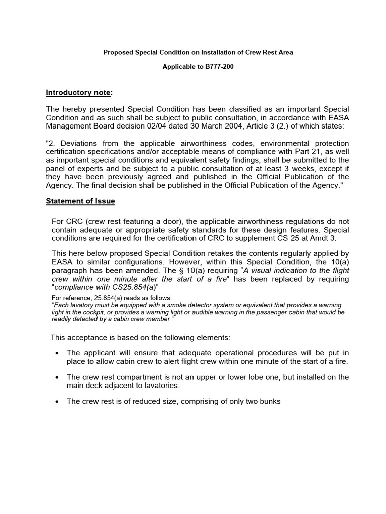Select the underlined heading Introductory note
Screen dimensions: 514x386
click(x=78, y=92)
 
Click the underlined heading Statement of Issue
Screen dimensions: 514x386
click(x=80, y=201)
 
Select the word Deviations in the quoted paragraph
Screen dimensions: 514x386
click(x=77, y=143)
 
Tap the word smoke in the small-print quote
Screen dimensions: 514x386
click(x=175, y=305)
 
